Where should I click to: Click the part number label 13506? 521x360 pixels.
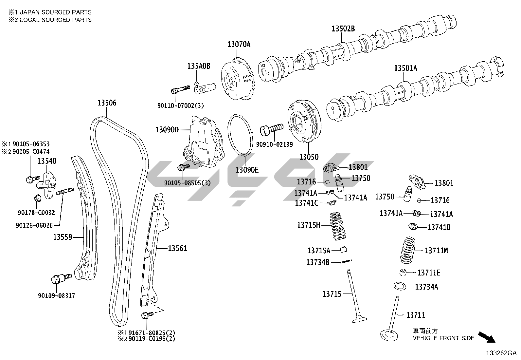click(x=107, y=103)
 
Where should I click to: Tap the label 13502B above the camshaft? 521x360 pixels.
click(x=343, y=28)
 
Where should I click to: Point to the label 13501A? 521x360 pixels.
click(x=405, y=68)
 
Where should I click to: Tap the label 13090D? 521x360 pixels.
click(x=167, y=130)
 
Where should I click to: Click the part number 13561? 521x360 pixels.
click(x=177, y=248)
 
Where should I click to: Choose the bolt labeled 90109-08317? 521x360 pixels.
click(x=61, y=278)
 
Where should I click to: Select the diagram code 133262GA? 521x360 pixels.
click(x=501, y=353)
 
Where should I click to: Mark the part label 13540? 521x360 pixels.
click(x=46, y=161)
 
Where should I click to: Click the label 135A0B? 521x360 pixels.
click(x=199, y=66)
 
